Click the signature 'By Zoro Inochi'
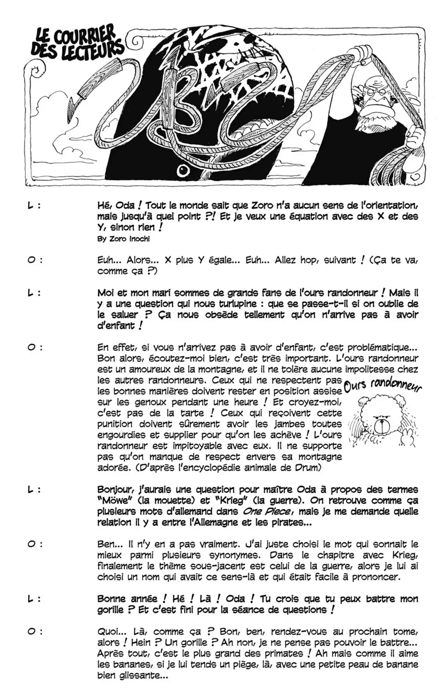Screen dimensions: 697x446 pyautogui.click(x=123, y=239)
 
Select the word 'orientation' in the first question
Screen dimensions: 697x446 pyautogui.click(x=390, y=206)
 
